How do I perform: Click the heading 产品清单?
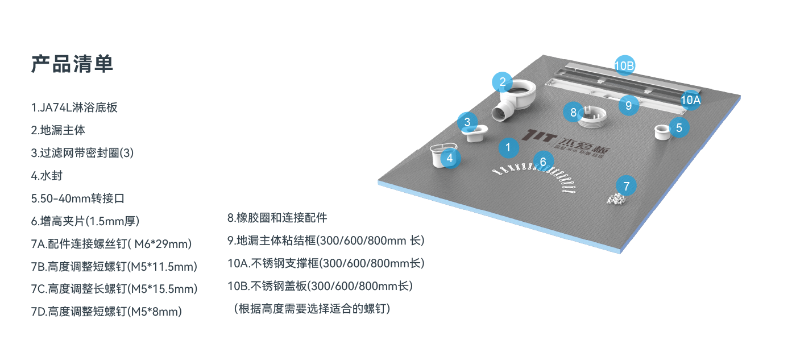tap(72, 64)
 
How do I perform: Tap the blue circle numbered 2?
tap(502, 82)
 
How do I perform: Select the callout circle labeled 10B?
tap(624, 66)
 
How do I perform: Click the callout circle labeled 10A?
tap(690, 100)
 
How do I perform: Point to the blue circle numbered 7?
tap(626, 185)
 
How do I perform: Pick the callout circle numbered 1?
tap(508, 148)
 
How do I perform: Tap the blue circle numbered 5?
tap(679, 127)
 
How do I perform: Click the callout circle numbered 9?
tap(628, 105)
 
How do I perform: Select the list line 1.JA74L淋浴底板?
tap(74, 107)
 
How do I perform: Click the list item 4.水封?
tap(47, 176)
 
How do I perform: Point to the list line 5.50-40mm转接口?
tap(77, 198)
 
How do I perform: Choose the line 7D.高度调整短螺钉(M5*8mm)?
tap(106, 312)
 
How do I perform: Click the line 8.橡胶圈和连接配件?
tap(277, 218)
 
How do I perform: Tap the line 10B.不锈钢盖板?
tap(320, 286)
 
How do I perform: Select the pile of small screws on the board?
tap(616, 199)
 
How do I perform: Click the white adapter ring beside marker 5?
tap(661, 132)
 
